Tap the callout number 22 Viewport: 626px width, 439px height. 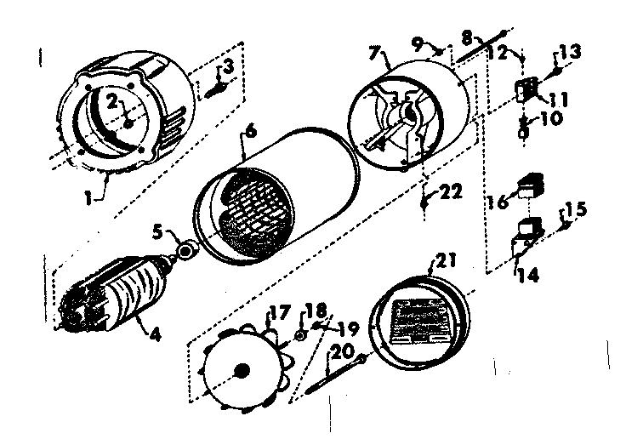(447, 194)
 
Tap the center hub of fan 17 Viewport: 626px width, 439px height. (242, 370)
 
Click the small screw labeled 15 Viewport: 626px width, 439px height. (564, 224)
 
